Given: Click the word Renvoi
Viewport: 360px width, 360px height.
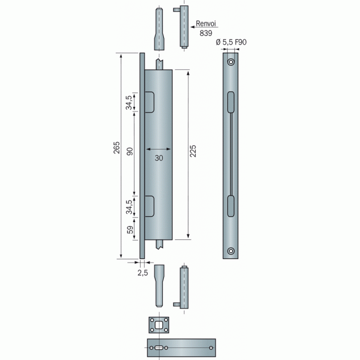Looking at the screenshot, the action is pyautogui.click(x=206, y=23).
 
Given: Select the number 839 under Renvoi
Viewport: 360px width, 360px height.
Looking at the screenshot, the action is pyautogui.click(x=205, y=33).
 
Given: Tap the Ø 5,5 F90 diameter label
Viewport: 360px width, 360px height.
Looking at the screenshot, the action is pyautogui.click(x=231, y=42).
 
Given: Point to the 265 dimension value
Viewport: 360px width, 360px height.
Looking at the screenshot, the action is pyautogui.click(x=117, y=148).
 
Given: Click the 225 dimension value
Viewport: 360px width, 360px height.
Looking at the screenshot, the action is pyautogui.click(x=193, y=151).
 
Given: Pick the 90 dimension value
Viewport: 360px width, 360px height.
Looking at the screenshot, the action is pyautogui.click(x=130, y=152).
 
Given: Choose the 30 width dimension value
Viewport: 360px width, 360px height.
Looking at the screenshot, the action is pyautogui.click(x=159, y=158).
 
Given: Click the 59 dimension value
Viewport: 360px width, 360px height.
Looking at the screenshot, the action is pyautogui.click(x=130, y=230).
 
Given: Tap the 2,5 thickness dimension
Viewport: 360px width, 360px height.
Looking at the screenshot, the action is pyautogui.click(x=142, y=272).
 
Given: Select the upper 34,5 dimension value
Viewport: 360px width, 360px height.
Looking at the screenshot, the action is pyautogui.click(x=129, y=102).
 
